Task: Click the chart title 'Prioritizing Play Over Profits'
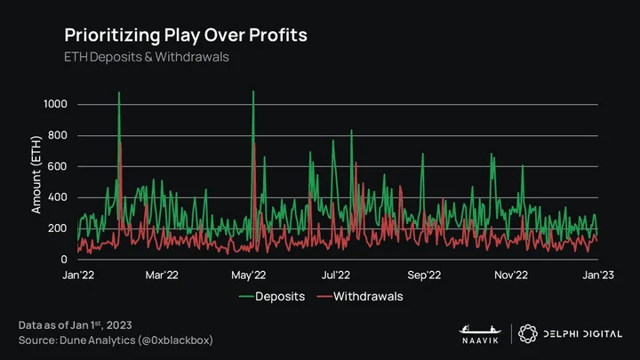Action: [186, 36]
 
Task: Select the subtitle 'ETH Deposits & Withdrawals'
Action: [147, 57]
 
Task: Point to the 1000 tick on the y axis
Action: [55, 104]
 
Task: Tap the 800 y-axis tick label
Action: [57, 135]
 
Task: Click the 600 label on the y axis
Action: [57, 166]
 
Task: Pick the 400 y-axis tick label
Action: [57, 197]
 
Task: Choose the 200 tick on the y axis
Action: [57, 228]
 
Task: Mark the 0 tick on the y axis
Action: [64, 260]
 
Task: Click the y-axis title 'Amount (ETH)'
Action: [36, 175]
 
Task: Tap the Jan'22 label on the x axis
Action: [78, 275]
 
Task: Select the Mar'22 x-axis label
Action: [162, 275]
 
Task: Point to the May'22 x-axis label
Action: [249, 275]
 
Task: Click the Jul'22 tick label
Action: [335, 275]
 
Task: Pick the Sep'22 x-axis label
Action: [424, 275]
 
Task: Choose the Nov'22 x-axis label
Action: [511, 275]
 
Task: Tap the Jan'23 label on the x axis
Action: [598, 275]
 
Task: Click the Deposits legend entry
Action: [272, 296]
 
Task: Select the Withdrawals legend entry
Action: [360, 296]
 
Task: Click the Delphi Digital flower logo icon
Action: [528, 334]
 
